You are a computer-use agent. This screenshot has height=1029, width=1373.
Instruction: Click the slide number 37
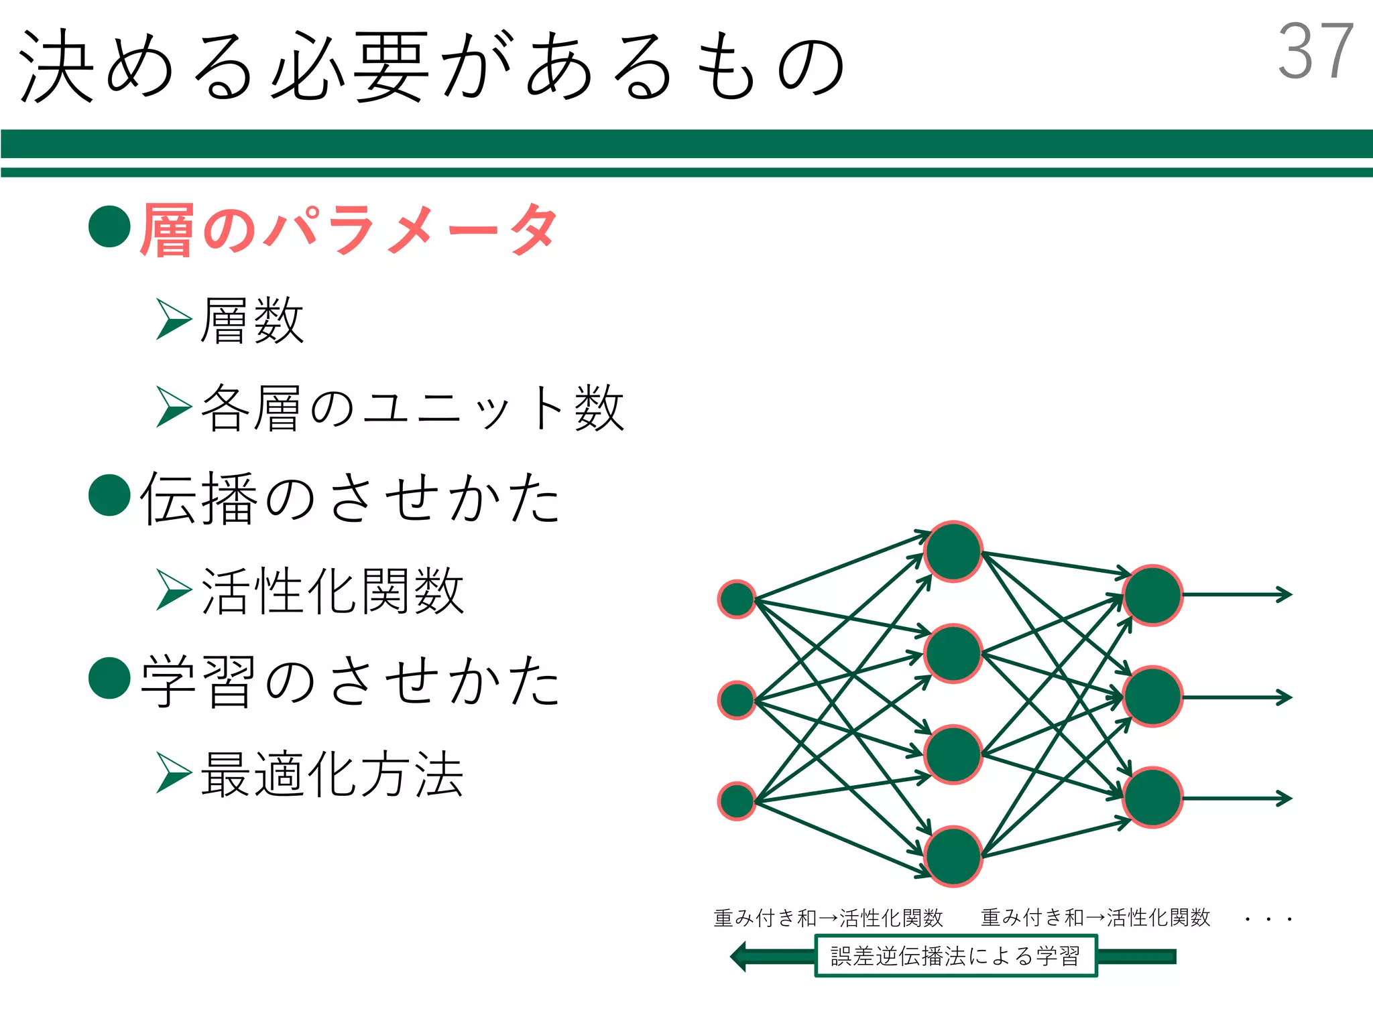(1315, 51)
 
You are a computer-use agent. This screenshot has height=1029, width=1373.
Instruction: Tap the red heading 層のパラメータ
(349, 229)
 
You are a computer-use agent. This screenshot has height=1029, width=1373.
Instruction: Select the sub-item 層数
(252, 321)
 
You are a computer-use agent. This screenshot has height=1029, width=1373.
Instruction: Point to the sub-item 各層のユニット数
(412, 407)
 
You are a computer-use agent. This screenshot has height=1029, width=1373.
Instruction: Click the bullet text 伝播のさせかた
(350, 497)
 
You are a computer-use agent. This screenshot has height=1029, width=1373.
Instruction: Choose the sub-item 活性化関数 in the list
(333, 591)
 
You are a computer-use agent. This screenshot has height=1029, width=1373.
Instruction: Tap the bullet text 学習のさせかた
(350, 681)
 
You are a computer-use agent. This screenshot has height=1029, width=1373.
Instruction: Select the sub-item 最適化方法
(333, 774)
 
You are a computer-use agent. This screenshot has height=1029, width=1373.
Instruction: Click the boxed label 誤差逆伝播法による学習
(955, 956)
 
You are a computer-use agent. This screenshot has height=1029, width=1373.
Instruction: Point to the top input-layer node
(737, 599)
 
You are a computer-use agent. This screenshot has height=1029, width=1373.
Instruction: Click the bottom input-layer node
(737, 801)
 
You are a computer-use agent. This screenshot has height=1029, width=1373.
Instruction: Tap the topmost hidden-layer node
(953, 551)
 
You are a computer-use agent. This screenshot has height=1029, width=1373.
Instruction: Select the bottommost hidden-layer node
(953, 855)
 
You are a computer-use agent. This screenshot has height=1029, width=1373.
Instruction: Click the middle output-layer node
(1152, 697)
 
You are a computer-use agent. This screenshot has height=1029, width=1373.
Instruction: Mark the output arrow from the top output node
(1237, 594)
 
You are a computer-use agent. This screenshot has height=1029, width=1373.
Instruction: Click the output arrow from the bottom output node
(1237, 798)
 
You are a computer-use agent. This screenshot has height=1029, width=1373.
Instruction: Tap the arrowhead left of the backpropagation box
(739, 956)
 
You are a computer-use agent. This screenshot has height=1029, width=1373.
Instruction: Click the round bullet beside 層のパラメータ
(109, 226)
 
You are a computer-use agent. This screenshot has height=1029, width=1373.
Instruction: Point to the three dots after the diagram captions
(1268, 919)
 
